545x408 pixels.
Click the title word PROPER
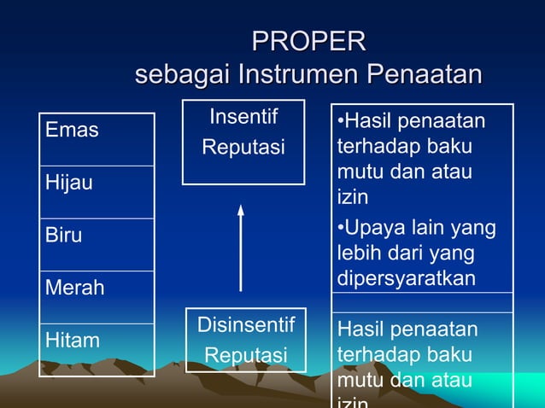click(x=309, y=41)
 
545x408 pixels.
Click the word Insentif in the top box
click(x=243, y=116)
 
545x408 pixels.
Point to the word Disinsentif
click(x=245, y=325)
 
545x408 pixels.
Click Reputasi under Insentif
click(x=243, y=148)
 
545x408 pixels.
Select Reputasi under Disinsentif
click(x=245, y=355)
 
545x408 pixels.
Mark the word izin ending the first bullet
click(x=353, y=198)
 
